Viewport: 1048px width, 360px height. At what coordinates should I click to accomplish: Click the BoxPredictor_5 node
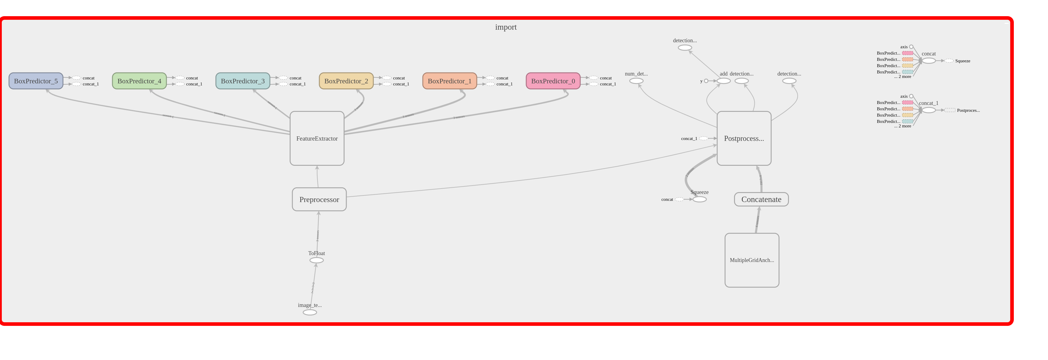[x=36, y=81]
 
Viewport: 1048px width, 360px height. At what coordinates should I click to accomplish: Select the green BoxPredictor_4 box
[x=139, y=81]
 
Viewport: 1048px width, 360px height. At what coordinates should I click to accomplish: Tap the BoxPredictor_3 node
[x=243, y=81]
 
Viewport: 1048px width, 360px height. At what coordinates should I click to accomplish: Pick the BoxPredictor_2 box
[x=346, y=81]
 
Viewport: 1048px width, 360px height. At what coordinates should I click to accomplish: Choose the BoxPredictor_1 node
[x=449, y=81]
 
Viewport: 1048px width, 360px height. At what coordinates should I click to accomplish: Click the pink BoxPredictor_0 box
[x=553, y=81]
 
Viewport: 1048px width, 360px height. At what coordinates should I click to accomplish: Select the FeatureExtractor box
[x=317, y=138]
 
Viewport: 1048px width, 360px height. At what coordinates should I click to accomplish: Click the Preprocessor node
[x=319, y=199]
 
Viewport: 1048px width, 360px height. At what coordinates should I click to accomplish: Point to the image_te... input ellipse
[x=309, y=312]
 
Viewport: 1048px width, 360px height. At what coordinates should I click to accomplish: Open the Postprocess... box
[x=744, y=138]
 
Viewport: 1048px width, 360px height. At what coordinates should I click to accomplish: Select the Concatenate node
[x=761, y=199]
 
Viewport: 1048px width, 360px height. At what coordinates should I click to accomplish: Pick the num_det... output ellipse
[x=636, y=81]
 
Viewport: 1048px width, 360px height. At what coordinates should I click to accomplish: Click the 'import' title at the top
[x=506, y=27]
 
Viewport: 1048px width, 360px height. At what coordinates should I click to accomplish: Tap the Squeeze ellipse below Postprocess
[x=699, y=199]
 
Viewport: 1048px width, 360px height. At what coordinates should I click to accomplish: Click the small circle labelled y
[x=706, y=81]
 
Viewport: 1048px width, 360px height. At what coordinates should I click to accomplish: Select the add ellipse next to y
[x=723, y=81]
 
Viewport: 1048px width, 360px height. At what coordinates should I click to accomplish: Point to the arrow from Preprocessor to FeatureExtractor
[x=317, y=177]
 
